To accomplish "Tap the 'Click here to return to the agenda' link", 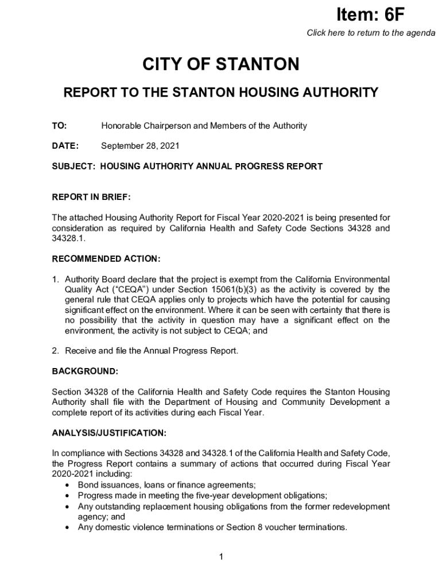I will click(x=371, y=33).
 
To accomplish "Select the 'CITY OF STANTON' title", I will click(x=221, y=64).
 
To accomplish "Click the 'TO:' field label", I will click(x=59, y=126).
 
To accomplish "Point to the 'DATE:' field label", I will click(x=65, y=146).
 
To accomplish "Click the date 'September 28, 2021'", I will click(x=140, y=146).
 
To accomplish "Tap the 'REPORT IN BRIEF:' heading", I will click(x=91, y=198).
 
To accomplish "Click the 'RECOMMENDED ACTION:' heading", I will click(x=106, y=259).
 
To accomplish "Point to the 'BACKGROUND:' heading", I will click(x=85, y=372).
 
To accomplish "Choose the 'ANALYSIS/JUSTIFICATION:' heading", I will click(x=109, y=432).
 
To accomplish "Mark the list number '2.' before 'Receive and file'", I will click(x=56, y=351).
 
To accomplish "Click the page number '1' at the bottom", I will click(x=221, y=557).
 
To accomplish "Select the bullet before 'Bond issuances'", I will click(x=69, y=485).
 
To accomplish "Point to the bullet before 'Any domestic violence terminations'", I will click(x=69, y=527).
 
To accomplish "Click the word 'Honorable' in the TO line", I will click(x=120, y=126).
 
